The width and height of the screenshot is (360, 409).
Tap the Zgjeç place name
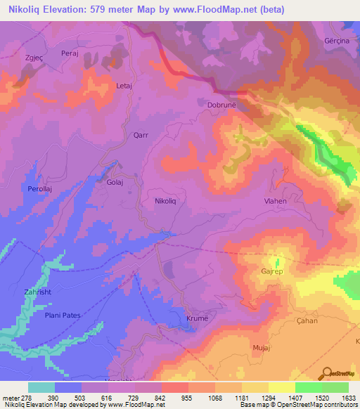pyautogui.click(x=36, y=58)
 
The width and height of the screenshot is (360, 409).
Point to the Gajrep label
pyautogui.click(x=273, y=270)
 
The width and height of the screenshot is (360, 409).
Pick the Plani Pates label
pyautogui.click(x=63, y=316)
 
